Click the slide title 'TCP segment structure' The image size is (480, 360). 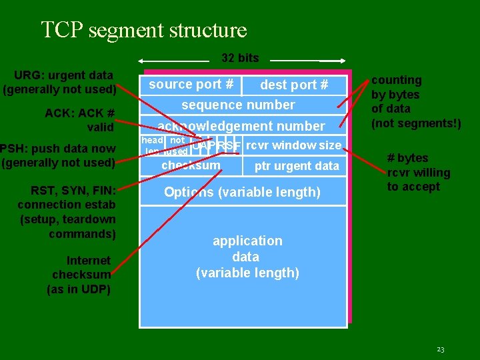143,30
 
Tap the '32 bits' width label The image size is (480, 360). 240,58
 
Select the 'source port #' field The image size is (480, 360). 191,85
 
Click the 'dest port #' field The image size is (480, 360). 294,85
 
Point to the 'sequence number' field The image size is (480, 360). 238,105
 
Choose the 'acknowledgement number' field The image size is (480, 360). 241,126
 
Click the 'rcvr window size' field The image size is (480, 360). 293,145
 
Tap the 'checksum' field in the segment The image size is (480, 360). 191,165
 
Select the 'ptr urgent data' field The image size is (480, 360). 297,166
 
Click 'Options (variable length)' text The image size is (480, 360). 243,192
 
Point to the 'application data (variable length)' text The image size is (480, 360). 247,257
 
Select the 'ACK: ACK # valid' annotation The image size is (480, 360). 79,119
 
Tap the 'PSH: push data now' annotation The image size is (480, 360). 58,155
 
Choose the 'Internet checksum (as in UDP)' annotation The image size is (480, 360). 80,275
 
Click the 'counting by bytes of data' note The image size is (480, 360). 415,101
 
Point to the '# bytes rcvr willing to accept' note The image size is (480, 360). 418,172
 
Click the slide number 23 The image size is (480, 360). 440,349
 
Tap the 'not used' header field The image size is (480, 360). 177,146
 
